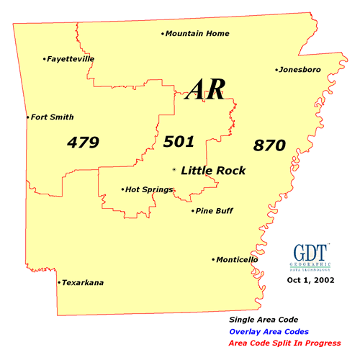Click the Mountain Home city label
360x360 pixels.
(197, 33)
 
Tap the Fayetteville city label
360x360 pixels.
(70, 59)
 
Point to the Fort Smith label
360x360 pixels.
(52, 117)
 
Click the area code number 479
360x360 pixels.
(82, 142)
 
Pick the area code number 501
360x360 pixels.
(179, 141)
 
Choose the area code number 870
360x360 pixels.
(270, 145)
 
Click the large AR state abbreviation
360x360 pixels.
(206, 89)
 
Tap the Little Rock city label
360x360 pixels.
(213, 171)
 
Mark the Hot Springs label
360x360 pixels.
(149, 189)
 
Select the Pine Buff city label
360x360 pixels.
(215, 211)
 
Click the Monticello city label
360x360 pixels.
(238, 259)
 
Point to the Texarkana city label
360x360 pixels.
(82, 283)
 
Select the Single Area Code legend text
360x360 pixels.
(263, 319)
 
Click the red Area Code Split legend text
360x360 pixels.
(284, 343)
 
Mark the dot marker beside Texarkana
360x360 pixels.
(58, 283)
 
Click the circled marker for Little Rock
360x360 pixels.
(174, 170)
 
